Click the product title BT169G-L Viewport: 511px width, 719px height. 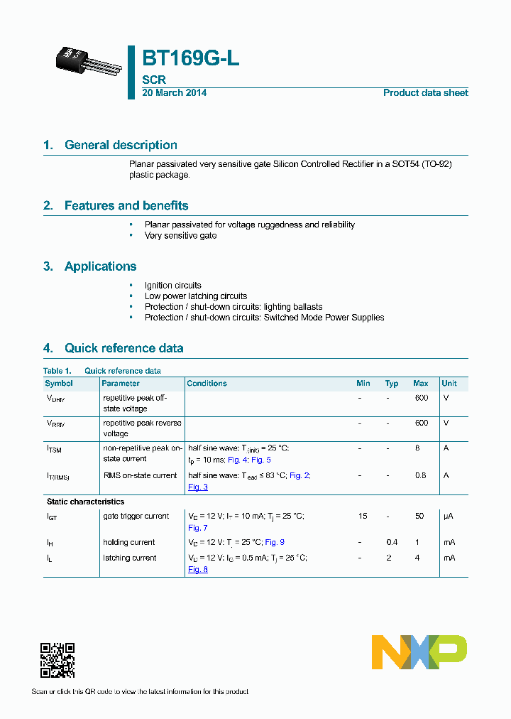tap(190, 59)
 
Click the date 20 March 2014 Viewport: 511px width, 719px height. tap(174, 93)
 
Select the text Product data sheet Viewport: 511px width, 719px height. tap(425, 93)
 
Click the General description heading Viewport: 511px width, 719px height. tap(121, 145)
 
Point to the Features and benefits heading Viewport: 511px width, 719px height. tap(126, 206)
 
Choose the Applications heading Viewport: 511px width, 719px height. tap(100, 266)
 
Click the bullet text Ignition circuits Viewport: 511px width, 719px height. tap(172, 285)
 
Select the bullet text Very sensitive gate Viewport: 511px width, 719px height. tap(180, 235)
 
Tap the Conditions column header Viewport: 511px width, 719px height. tap(207, 384)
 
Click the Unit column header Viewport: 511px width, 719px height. tap(449, 384)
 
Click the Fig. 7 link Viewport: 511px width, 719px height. tap(197, 528)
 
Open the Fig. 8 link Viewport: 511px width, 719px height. tap(197, 570)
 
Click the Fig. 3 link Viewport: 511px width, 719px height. tap(197, 487)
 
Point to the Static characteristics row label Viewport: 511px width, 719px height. tap(85, 502)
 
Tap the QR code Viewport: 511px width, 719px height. tap(57, 660)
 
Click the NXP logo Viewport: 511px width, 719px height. tap(419, 652)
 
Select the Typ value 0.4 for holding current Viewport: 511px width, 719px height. tap(392, 543)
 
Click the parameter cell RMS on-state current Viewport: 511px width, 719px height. tap(140, 475)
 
